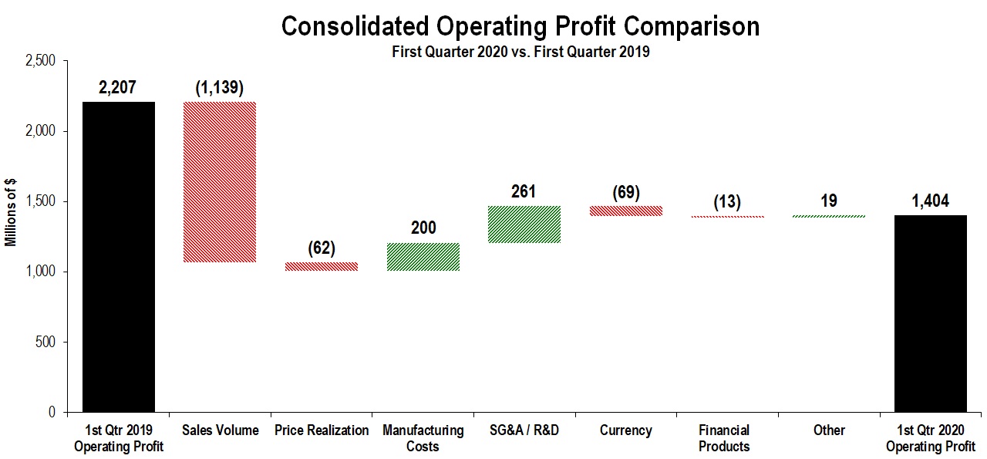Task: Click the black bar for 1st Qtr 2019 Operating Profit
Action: [118, 257]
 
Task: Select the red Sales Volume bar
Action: [220, 182]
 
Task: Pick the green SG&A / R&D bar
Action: [524, 224]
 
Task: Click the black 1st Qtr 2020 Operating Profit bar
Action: [930, 313]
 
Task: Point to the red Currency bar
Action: [625, 211]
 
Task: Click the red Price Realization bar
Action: [322, 267]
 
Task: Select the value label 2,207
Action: [117, 87]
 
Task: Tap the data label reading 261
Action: [524, 191]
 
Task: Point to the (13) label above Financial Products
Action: [727, 202]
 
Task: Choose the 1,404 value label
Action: [930, 201]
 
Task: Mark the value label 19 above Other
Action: [829, 201]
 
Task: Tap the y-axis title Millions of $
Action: [10, 211]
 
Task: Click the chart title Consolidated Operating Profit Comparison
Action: [520, 26]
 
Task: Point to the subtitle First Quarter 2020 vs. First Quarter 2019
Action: [520, 52]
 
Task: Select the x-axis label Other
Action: [829, 430]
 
